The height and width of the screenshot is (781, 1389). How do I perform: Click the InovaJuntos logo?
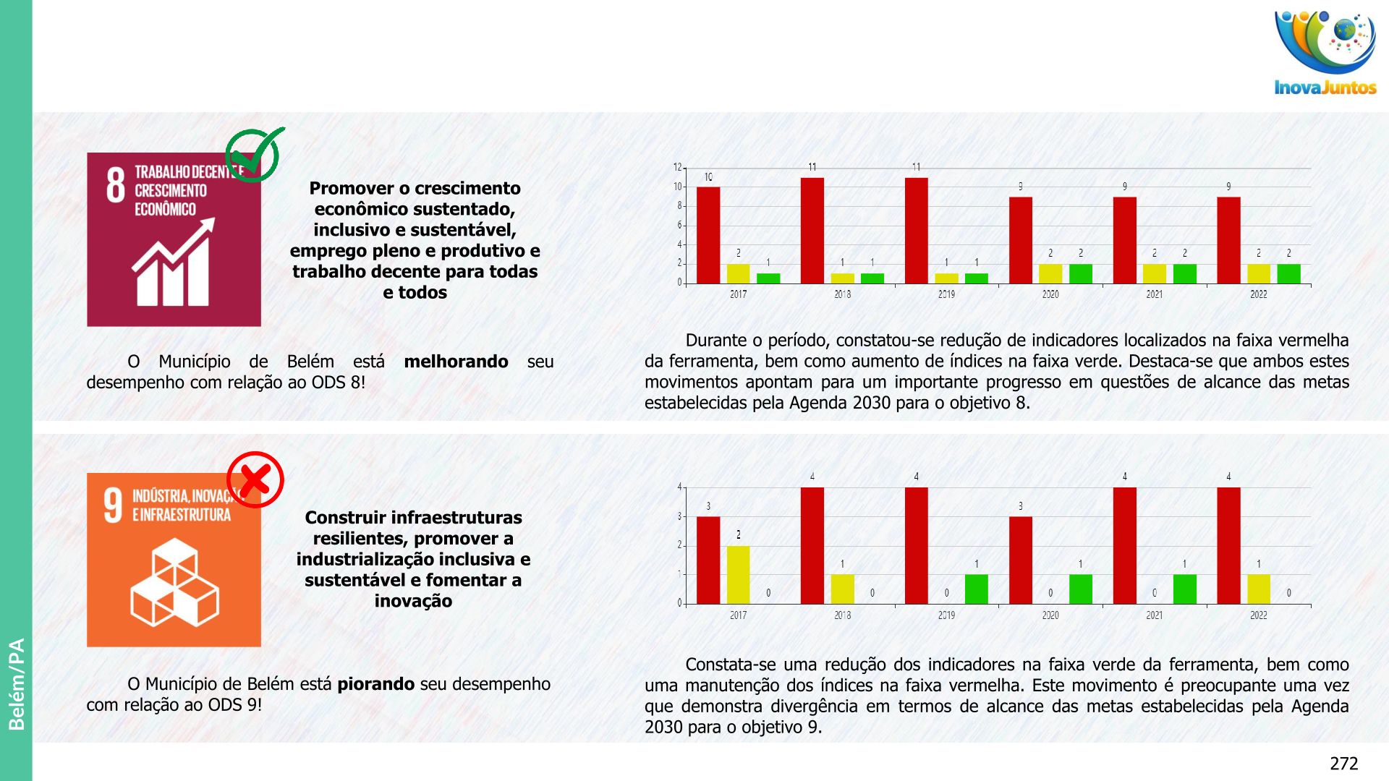[x=1325, y=52]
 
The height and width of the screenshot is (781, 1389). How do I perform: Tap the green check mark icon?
[x=255, y=154]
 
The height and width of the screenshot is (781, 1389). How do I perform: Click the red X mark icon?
[x=255, y=479]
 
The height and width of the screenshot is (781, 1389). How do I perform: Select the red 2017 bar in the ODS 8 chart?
[x=708, y=235]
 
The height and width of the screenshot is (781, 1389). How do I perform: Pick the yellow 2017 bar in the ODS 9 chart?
[x=738, y=574]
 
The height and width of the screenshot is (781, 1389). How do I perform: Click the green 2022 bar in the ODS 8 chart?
[x=1288, y=273]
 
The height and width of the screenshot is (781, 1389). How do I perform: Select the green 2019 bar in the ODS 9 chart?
[x=976, y=589]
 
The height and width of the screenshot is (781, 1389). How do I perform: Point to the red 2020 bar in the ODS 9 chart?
[x=1020, y=560]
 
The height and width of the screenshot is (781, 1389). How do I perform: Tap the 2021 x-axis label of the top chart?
[x=1154, y=294]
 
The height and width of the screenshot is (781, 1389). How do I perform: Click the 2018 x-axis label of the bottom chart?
[x=842, y=615]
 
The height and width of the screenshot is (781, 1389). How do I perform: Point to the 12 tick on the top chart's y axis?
[x=678, y=167]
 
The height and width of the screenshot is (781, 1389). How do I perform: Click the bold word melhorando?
[x=456, y=362]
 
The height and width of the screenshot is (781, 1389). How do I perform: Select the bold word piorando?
[x=376, y=684]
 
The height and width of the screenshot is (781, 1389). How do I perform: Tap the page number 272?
[x=1343, y=764]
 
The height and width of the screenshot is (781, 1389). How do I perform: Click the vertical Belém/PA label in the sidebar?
[x=16, y=684]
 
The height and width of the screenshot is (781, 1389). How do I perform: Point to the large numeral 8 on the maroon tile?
[x=116, y=185]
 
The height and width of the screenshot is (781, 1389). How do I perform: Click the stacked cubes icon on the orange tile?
[x=174, y=582]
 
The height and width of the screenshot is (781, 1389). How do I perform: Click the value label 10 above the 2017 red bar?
[x=708, y=177]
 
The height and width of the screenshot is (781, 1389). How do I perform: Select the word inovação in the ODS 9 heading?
[x=413, y=601]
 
